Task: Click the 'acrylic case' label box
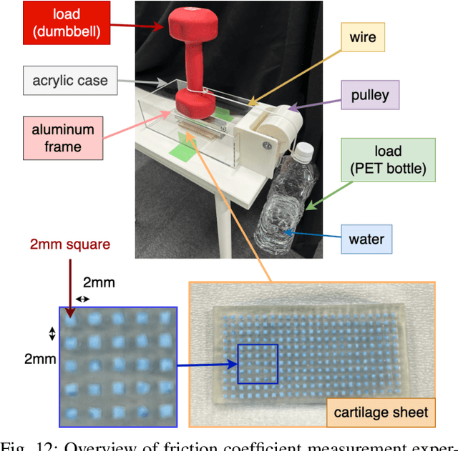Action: (x=69, y=80)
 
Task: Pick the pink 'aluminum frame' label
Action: (x=62, y=139)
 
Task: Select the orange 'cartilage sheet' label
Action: (x=381, y=412)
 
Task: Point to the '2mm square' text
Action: (x=70, y=244)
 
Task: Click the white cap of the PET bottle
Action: (x=304, y=151)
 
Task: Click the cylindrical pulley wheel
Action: (x=273, y=129)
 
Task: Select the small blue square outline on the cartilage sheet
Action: (x=258, y=364)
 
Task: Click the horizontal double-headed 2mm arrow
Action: (x=83, y=299)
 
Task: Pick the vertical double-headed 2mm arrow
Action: (x=52, y=332)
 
